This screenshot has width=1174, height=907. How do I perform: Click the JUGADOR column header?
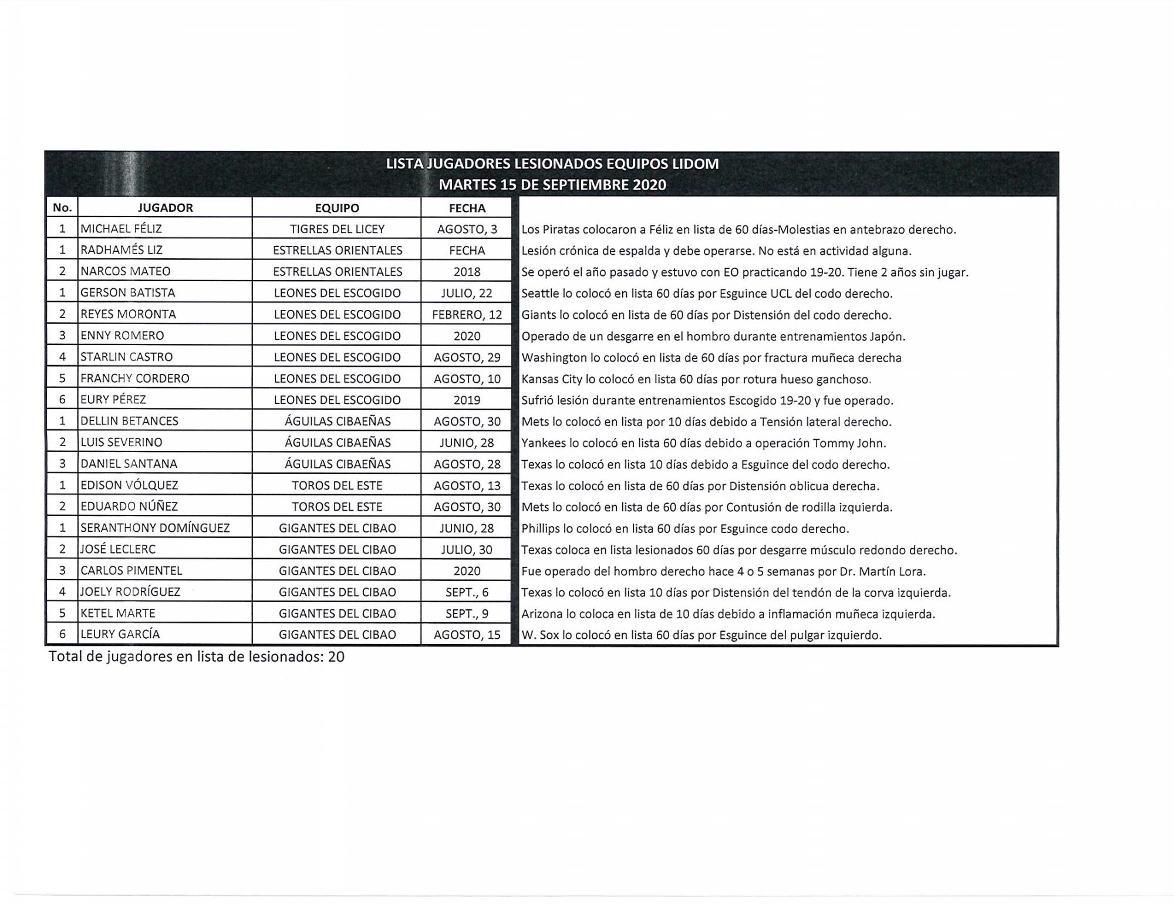coord(165,208)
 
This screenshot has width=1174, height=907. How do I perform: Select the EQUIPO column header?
coord(337,208)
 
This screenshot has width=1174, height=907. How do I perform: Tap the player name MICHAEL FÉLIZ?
coord(121,229)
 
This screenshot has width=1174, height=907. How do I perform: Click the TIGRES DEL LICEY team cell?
coord(337,229)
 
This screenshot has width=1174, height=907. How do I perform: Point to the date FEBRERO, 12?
coord(467,315)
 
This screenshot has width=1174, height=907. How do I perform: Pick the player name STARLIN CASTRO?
coord(126,357)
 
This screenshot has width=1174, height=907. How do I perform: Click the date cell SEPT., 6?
coord(467,592)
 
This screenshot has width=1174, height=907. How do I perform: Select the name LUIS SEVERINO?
coord(121,443)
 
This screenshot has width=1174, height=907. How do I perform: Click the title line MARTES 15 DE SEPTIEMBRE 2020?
coord(552,185)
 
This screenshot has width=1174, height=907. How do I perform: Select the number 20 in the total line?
coord(336,657)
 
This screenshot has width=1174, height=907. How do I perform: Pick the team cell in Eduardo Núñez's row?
coord(337,507)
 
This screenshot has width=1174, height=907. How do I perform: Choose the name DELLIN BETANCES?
coord(129,421)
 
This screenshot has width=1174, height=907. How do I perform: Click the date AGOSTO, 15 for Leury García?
coord(467,635)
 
